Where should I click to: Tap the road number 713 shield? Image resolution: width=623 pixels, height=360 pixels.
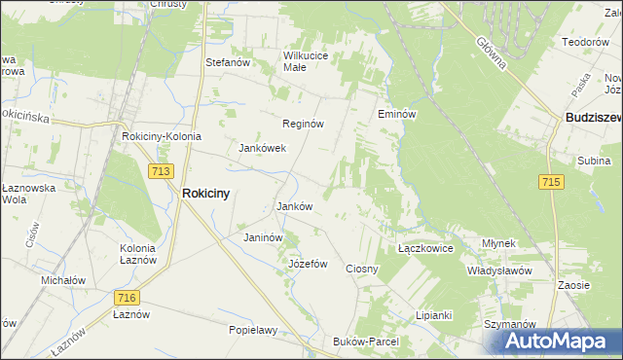click(x=162, y=170)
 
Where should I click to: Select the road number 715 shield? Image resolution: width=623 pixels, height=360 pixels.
click(x=551, y=182)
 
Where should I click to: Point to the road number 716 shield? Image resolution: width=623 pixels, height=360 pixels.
click(x=125, y=298)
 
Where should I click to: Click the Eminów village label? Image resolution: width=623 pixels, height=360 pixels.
click(x=397, y=114)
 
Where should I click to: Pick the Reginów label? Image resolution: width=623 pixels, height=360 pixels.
click(x=302, y=125)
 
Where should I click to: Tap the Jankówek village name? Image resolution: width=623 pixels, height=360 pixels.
click(x=262, y=149)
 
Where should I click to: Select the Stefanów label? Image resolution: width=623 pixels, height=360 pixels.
click(x=229, y=62)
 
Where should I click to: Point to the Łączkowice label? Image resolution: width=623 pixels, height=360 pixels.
click(x=426, y=249)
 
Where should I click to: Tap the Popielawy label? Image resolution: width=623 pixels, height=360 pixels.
click(x=253, y=330)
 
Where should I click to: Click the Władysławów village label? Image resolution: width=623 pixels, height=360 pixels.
click(x=498, y=270)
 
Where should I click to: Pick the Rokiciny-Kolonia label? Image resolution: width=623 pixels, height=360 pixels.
click(x=162, y=137)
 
